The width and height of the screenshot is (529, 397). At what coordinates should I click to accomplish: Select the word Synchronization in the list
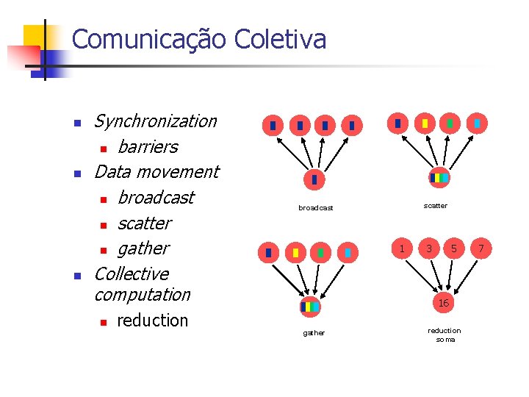click(x=156, y=121)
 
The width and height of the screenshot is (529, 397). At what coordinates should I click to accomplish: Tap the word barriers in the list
click(x=147, y=146)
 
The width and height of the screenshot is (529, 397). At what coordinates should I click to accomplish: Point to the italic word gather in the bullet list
click(x=143, y=248)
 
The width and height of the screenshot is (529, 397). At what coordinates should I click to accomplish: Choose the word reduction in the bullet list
click(x=152, y=320)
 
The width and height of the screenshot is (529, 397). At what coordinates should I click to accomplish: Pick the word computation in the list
click(x=142, y=294)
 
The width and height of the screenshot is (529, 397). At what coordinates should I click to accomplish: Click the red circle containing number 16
click(x=443, y=303)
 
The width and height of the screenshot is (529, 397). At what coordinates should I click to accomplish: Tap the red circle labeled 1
click(x=401, y=248)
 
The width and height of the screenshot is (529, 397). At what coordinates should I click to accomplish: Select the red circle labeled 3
click(x=429, y=248)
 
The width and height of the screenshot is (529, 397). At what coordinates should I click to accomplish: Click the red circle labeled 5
click(x=454, y=248)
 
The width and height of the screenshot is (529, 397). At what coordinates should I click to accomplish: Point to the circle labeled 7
click(x=481, y=248)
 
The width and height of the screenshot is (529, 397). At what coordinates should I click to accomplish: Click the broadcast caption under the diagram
click(x=315, y=208)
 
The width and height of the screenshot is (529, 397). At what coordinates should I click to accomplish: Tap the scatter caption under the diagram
click(x=435, y=206)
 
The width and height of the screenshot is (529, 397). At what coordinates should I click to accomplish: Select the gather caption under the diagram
click(x=314, y=333)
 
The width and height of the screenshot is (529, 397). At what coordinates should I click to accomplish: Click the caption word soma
click(x=445, y=339)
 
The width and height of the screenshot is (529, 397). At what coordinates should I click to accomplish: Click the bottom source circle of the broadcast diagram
click(x=314, y=179)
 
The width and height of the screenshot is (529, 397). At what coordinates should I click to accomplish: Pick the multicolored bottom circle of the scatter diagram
click(x=439, y=178)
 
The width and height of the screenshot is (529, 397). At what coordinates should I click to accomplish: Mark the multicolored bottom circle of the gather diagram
click(x=310, y=306)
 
